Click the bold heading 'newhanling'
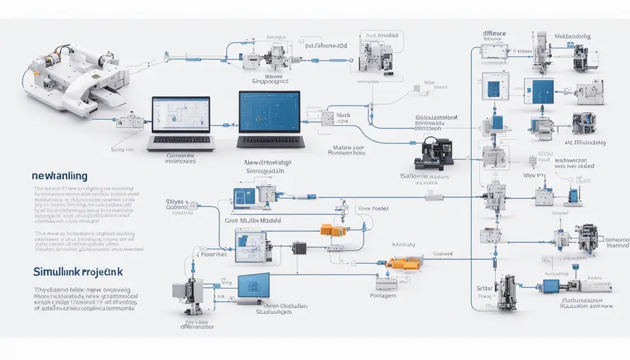pyautogui.click(x=59, y=176)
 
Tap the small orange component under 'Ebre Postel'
pyautogui.click(x=330, y=229)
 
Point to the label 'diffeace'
pyautogui.click(x=495, y=33)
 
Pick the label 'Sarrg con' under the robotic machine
pyautogui.click(x=122, y=148)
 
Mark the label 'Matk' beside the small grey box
pyautogui.click(x=343, y=114)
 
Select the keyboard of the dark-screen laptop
pyautogui.click(x=270, y=141)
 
